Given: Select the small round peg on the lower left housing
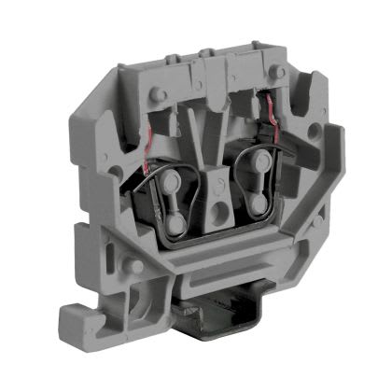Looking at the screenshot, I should (x=137, y=267).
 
